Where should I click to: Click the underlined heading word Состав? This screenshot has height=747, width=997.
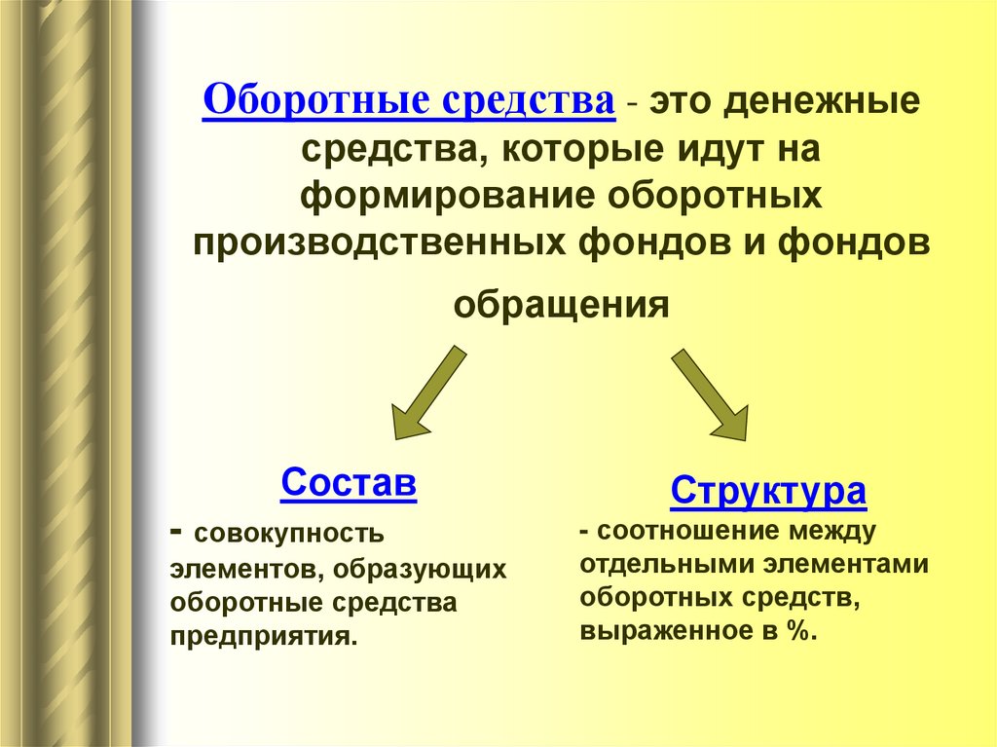pyautogui.click(x=349, y=483)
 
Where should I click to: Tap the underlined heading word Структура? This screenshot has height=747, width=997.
pyautogui.click(x=768, y=491)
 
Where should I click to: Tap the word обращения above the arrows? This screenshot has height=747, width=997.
pyautogui.click(x=561, y=306)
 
